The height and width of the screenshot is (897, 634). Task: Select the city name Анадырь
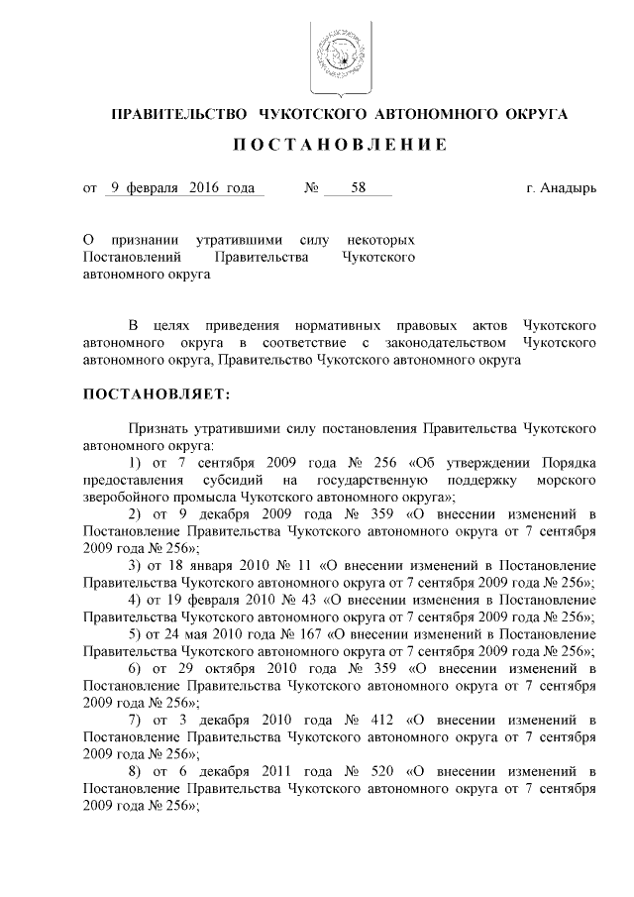pos(569,187)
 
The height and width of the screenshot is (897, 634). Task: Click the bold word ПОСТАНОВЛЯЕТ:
pos(156,394)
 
